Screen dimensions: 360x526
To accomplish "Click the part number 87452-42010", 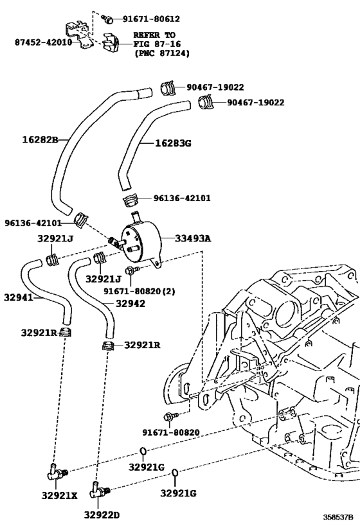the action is pyautogui.click(x=43, y=42).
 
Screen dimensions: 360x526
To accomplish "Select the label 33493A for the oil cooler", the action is pyautogui.click(x=193, y=238).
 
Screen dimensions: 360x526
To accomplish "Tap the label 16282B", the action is pyautogui.click(x=40, y=139).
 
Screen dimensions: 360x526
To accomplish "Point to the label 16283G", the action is pyautogui.click(x=173, y=144).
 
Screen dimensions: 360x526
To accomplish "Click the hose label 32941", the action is pyautogui.click(x=19, y=297).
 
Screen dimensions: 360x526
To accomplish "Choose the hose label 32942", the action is pyautogui.click(x=130, y=304).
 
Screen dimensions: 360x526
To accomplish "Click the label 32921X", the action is pyautogui.click(x=59, y=495).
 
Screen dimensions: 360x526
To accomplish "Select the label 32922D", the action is pyautogui.click(x=102, y=515).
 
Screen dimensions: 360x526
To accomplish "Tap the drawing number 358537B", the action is pyautogui.click(x=339, y=516).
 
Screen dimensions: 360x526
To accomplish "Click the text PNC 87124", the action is pyautogui.click(x=162, y=53).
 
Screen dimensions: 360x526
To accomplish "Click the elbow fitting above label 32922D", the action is pyautogui.click(x=98, y=490).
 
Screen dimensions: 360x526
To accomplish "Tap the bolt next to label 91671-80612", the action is pyautogui.click(x=108, y=19).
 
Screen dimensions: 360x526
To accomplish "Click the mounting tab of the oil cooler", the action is pyautogui.click(x=156, y=263).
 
